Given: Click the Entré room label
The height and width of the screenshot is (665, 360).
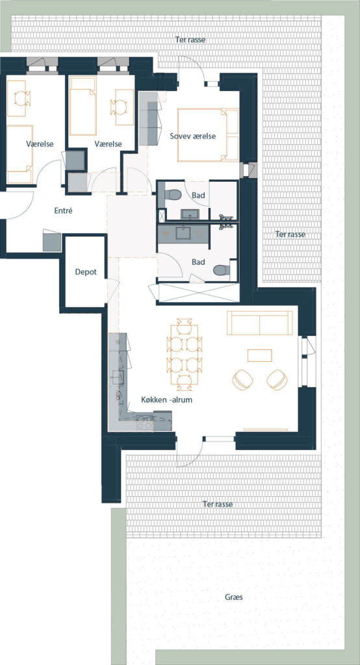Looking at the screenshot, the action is (x=63, y=210).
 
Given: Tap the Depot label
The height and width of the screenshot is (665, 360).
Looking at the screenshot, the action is (x=86, y=272).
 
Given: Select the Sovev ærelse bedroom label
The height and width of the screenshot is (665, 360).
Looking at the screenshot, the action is (x=193, y=136).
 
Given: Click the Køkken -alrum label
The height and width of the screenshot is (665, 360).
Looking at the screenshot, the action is (x=167, y=399).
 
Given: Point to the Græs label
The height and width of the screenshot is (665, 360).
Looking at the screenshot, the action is (x=234, y=597).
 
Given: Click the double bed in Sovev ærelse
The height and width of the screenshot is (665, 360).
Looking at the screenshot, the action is (x=208, y=135).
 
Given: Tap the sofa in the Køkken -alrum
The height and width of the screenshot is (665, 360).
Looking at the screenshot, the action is (x=260, y=323).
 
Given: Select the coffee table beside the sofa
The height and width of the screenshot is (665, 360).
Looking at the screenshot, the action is (x=259, y=355).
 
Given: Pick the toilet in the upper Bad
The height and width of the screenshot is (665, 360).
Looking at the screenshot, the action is (x=174, y=195).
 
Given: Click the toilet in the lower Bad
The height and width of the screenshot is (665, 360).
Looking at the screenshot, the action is (x=221, y=270).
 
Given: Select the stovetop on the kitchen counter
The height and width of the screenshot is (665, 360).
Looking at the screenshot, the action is (x=144, y=423).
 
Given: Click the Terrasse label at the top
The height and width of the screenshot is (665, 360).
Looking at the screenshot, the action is (x=190, y=40).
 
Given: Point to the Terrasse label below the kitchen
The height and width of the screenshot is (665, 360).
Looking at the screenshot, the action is (x=218, y=504).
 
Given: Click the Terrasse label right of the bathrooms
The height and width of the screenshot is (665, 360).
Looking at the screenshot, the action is (x=290, y=234).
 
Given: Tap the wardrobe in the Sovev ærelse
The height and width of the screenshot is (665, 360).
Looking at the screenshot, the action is (x=150, y=119).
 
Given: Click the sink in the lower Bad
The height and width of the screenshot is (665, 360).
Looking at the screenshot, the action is (x=183, y=233).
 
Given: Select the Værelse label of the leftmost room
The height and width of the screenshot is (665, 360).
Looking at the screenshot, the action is (x=40, y=144).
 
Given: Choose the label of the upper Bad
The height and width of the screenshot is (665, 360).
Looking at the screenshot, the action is (x=198, y=195).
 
